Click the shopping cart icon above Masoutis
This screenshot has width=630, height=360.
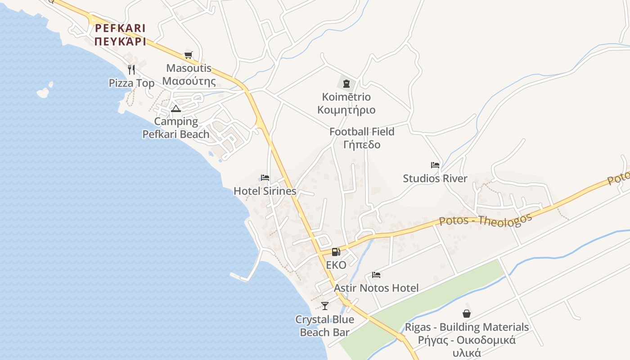[188, 55]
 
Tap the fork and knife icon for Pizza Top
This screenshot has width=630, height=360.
[131, 69]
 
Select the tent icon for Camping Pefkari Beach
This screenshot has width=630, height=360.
[175, 108]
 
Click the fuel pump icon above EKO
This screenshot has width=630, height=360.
[336, 252]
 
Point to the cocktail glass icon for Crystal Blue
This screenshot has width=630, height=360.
[325, 306]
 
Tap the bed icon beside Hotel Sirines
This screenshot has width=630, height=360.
[265, 178]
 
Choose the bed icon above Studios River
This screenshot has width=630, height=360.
[435, 165]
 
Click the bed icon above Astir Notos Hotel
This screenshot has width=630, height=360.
[376, 275]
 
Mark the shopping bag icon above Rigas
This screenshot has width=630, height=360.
[467, 314]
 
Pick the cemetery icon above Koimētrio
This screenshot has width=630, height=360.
[346, 83]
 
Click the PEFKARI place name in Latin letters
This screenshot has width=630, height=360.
[120, 28]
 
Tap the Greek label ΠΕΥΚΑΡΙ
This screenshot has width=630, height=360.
[120, 42]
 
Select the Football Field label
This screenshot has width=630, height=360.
[362, 132]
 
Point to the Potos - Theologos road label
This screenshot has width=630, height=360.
[485, 220]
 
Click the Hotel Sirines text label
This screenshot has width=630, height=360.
[265, 191]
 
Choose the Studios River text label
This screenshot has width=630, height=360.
[435, 179]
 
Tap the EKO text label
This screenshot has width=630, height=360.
[336, 265]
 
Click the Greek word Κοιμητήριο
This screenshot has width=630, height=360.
[346, 110]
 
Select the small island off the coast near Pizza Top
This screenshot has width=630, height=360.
[44, 92]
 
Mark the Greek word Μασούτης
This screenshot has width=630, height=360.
[189, 81]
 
